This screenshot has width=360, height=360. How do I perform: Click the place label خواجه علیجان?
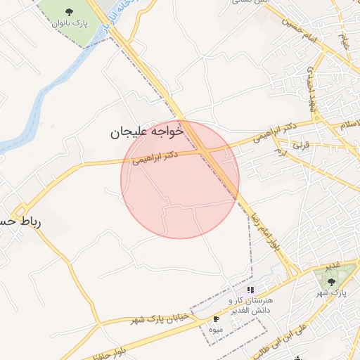(x=146, y=131)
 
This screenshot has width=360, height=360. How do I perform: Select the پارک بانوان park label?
(x=69, y=24)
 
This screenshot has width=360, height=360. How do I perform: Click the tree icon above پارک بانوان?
(x=69, y=11)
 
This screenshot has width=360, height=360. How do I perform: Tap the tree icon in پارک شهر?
(x=330, y=280)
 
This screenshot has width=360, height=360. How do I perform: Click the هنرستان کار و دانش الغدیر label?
(x=251, y=304)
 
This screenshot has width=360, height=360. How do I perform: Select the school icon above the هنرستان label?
(x=250, y=290)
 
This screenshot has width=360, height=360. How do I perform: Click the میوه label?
(x=215, y=329)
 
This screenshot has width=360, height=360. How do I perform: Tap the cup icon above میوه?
(x=215, y=319)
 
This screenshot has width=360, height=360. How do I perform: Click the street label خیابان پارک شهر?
(x=160, y=319)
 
